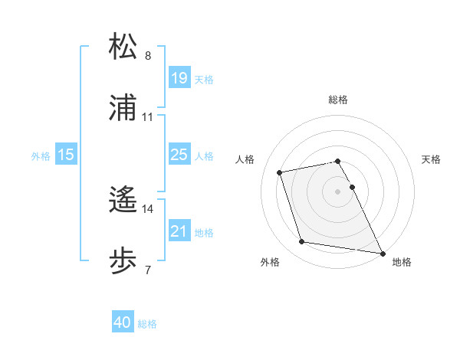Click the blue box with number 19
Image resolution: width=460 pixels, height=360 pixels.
click(x=179, y=78)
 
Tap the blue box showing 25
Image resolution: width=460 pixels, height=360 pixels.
click(x=179, y=155)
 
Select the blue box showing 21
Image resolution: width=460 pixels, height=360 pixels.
click(x=179, y=231)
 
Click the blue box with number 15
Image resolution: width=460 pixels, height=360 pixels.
click(x=66, y=155)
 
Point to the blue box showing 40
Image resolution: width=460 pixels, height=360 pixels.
click(x=123, y=322)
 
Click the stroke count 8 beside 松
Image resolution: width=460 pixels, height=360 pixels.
click(x=148, y=56)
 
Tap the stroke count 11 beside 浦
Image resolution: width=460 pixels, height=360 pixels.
click(x=148, y=117)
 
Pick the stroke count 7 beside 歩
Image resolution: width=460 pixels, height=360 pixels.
click(x=148, y=270)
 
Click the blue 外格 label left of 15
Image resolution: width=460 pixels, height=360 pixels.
click(x=41, y=156)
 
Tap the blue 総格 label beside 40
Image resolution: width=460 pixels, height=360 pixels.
click(x=147, y=324)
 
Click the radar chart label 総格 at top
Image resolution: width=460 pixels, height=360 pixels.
click(x=338, y=100)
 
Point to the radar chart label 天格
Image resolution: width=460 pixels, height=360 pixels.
click(x=432, y=159)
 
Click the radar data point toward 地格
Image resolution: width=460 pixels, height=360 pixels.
click(x=382, y=252)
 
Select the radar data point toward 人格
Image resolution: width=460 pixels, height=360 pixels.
click(x=280, y=172)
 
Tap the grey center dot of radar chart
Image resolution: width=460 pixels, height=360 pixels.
click(x=338, y=191)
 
